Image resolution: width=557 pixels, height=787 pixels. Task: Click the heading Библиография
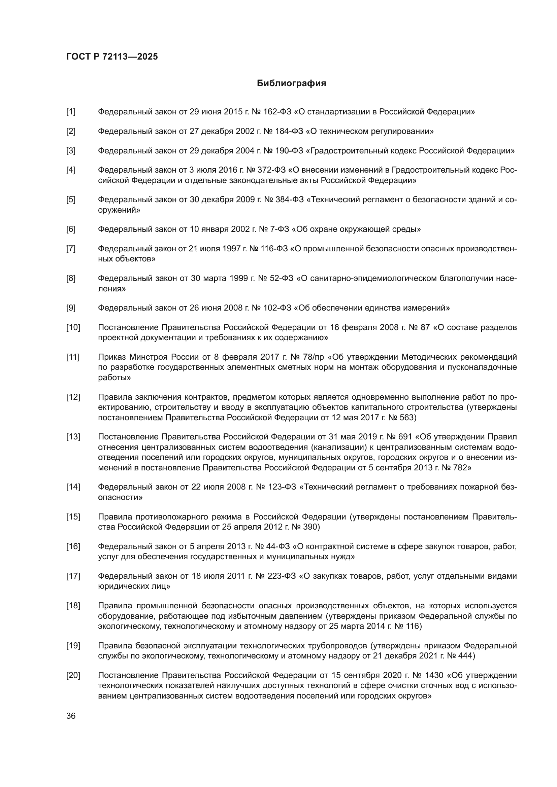click(291, 83)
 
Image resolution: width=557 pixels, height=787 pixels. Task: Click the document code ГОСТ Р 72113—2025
click(112, 57)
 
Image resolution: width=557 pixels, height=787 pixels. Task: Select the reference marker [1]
click(71, 112)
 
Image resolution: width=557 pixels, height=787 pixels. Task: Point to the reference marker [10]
click(73, 327)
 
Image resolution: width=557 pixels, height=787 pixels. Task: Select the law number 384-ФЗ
click(290, 200)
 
